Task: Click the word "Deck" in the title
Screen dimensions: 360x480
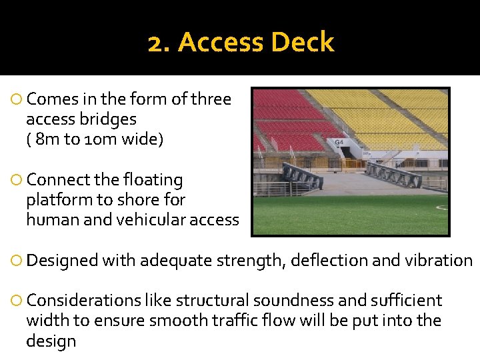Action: tap(303, 42)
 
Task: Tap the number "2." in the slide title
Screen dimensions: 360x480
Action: tap(160, 42)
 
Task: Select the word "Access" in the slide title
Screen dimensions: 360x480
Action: tap(222, 42)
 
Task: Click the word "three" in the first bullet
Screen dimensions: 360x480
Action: tap(211, 99)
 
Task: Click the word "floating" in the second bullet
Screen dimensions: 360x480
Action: tap(151, 180)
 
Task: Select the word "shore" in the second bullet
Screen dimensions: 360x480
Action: tap(165, 200)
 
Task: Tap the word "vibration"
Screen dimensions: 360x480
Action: tap(439, 260)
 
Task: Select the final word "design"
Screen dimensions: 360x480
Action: tap(51, 341)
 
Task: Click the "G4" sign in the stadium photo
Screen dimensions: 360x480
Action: tap(339, 142)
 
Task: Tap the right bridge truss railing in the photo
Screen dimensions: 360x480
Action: tap(393, 174)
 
